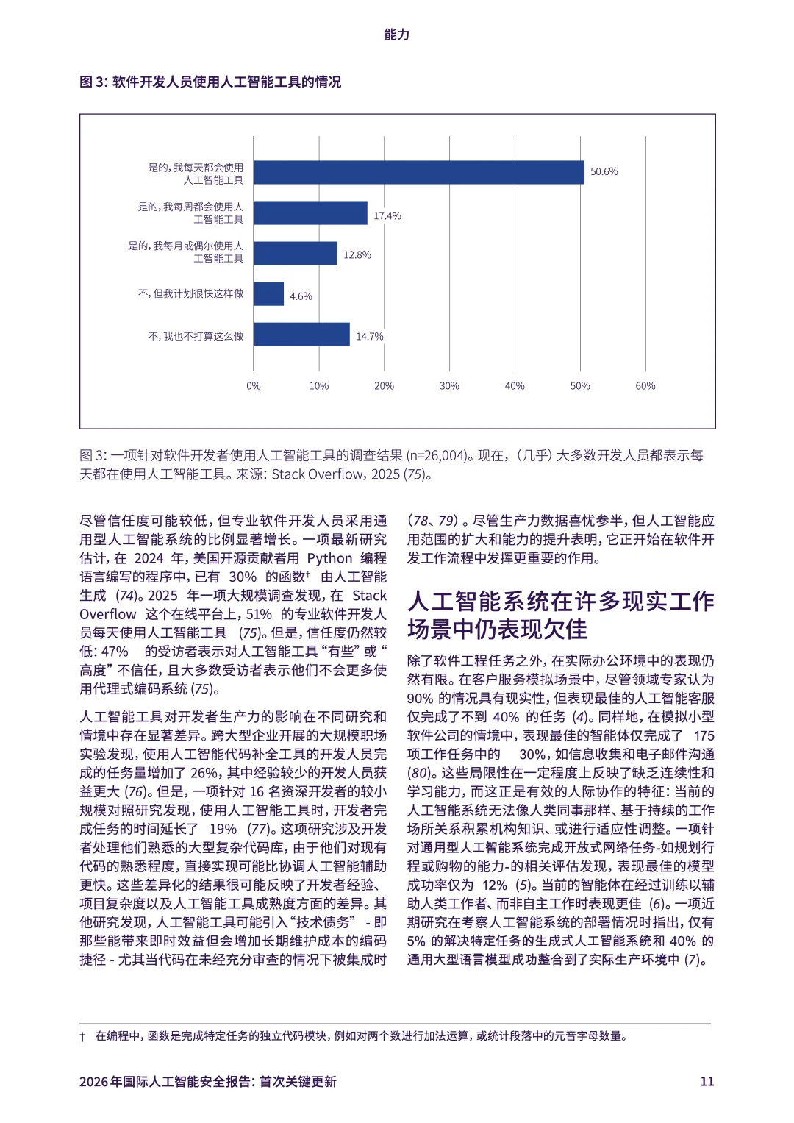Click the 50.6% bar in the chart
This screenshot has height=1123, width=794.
click(418, 172)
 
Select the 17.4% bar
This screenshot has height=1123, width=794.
click(310, 213)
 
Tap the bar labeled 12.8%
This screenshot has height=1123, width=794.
click(296, 254)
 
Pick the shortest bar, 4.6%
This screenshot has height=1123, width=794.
click(268, 294)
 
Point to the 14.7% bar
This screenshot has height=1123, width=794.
click(301, 335)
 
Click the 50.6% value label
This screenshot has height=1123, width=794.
click(604, 172)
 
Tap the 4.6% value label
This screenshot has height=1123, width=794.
click(301, 296)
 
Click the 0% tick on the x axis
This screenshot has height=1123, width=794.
click(254, 386)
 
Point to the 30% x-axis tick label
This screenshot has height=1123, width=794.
click(449, 386)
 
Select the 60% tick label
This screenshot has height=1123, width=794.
click(645, 386)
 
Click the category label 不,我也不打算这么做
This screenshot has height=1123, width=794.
click(196, 336)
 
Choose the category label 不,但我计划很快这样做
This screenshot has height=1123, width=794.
click(190, 293)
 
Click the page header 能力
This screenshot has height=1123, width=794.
click(397, 35)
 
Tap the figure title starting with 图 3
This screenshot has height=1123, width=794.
click(210, 82)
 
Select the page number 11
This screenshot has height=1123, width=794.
click(707, 1081)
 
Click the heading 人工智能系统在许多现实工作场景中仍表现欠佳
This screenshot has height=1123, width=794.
click(560, 616)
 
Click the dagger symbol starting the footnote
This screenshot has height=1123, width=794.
click(82, 1037)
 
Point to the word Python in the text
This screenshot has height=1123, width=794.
click(329, 558)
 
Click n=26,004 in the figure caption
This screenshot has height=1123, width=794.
click(437, 456)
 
